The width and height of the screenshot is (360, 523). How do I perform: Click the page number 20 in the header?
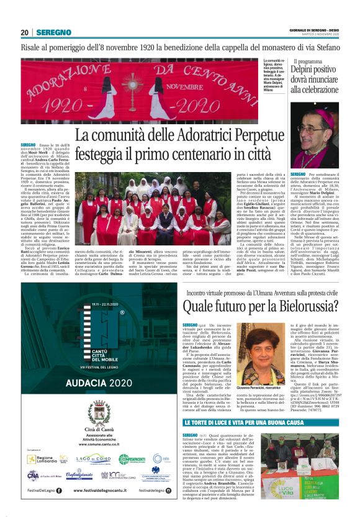25,32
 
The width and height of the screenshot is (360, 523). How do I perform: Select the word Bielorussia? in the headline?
307,309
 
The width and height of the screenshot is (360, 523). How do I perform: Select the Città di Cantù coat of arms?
92,414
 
